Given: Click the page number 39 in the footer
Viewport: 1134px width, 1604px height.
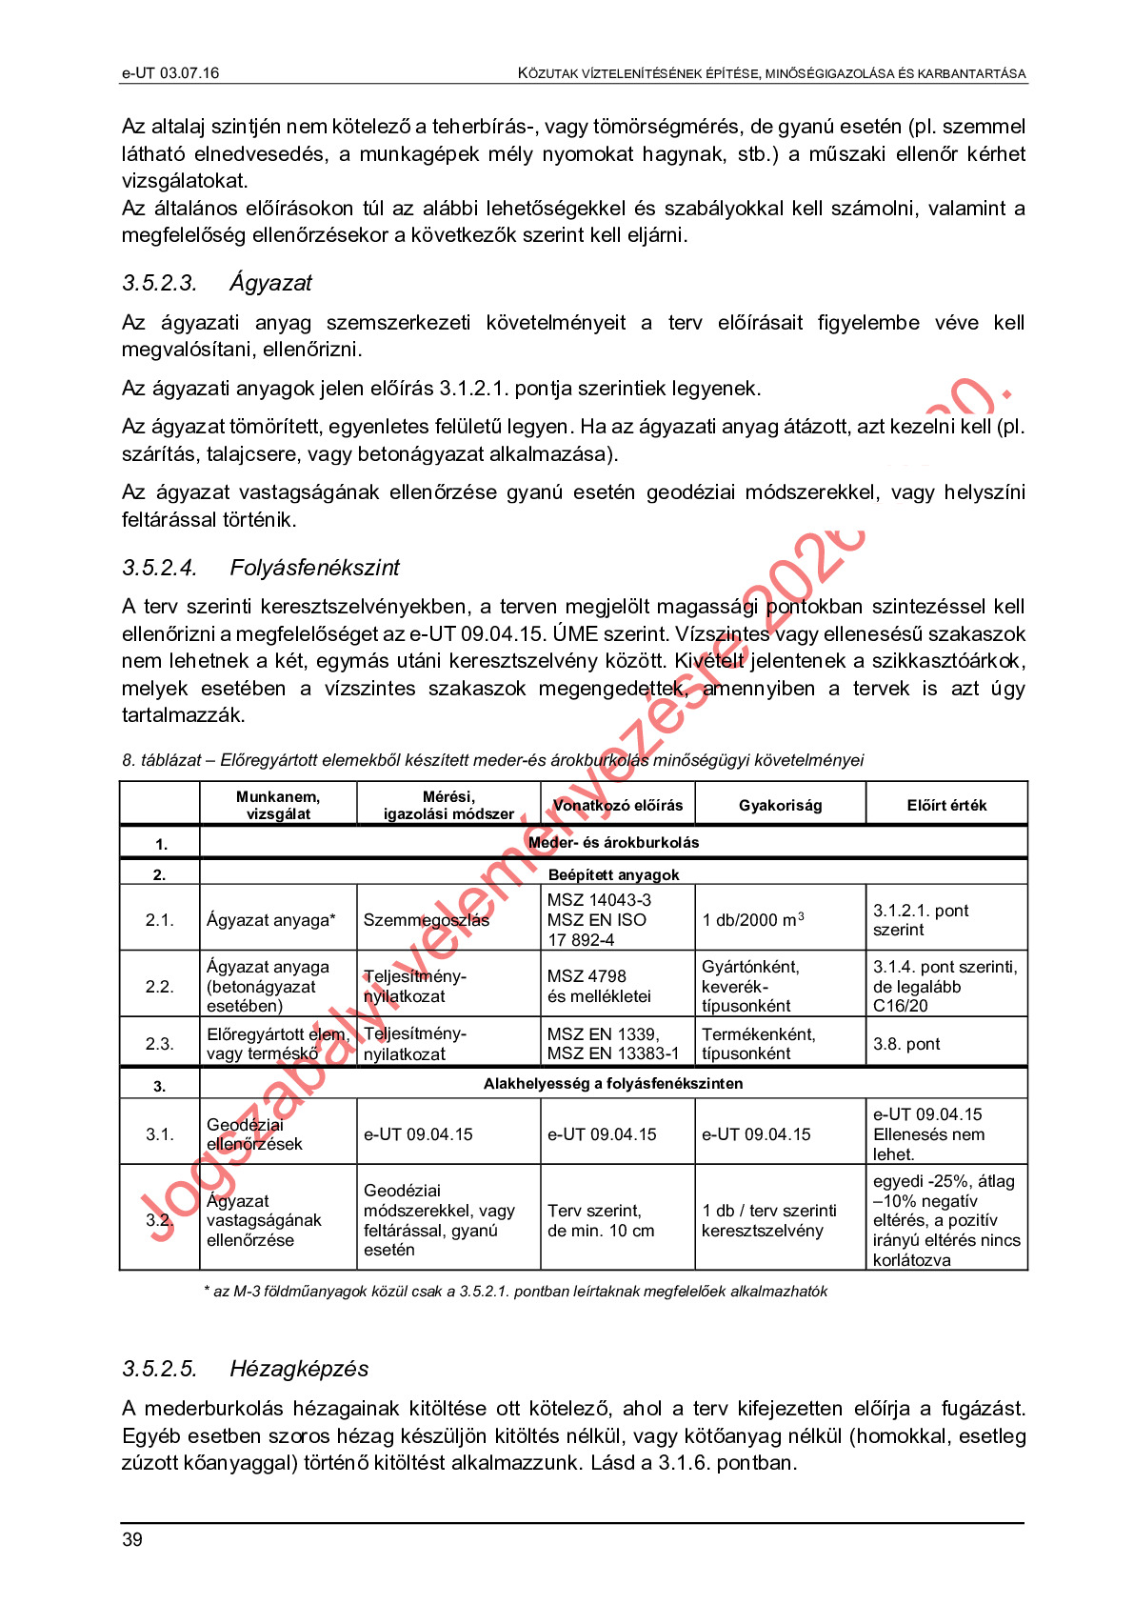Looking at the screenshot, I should tap(132, 1539).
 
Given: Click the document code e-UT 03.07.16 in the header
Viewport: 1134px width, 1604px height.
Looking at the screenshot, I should tap(170, 73).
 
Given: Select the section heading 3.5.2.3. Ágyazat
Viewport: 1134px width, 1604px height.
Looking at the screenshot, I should tap(217, 283).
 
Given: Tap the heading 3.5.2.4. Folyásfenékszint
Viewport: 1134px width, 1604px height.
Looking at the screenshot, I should tap(261, 568).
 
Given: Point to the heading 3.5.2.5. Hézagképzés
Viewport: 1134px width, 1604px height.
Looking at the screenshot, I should tap(245, 1369).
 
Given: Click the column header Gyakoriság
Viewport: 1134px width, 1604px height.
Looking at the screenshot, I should tap(780, 805).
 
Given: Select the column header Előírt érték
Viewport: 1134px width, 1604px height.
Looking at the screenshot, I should tap(946, 805).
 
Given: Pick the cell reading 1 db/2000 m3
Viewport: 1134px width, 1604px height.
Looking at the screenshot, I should tap(753, 919).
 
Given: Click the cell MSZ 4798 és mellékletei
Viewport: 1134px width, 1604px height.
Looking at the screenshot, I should tap(600, 986).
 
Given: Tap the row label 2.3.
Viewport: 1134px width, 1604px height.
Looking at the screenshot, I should tap(159, 1044).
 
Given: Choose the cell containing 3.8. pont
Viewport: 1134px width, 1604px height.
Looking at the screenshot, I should tap(906, 1044).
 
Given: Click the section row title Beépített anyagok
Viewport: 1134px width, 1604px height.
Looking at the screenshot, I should tap(613, 874).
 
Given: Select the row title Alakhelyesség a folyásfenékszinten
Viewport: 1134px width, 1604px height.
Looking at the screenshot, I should tap(613, 1083).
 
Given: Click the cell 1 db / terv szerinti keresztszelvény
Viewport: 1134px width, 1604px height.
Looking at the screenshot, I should tap(769, 1220).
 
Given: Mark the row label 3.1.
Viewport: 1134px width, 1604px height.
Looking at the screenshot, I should tap(159, 1134).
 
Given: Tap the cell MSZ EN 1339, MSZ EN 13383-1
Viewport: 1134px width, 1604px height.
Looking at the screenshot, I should tap(613, 1044).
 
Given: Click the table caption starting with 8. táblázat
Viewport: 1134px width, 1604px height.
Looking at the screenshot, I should tap(492, 760).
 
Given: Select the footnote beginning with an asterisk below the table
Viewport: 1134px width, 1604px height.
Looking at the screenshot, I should tap(515, 1292).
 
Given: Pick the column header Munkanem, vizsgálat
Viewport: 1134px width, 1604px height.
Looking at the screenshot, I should tap(278, 805).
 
